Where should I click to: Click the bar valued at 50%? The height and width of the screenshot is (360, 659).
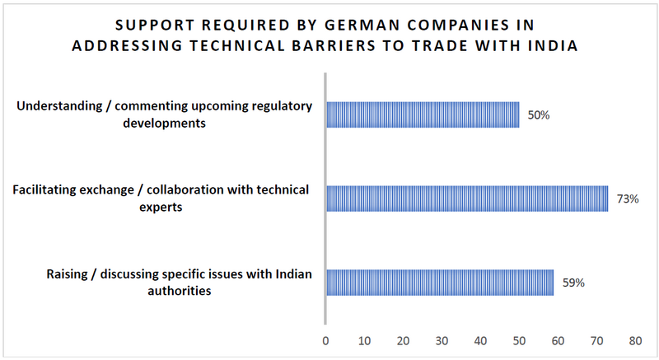423,115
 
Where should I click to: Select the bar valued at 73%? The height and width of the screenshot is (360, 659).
467,199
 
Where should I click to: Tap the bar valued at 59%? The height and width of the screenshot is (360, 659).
440,282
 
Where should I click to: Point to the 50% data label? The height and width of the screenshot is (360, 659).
539,115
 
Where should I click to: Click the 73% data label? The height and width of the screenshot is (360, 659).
628,199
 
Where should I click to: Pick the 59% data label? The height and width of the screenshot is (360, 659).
573,283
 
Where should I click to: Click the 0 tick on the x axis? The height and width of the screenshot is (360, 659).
326,340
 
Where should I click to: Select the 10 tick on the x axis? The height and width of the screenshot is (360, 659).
364,340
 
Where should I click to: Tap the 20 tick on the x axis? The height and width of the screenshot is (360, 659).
403,340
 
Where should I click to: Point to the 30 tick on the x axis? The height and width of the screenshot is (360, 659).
442,340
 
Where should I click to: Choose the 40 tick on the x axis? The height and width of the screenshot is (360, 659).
480,340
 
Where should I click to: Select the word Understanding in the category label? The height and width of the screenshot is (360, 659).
55,106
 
